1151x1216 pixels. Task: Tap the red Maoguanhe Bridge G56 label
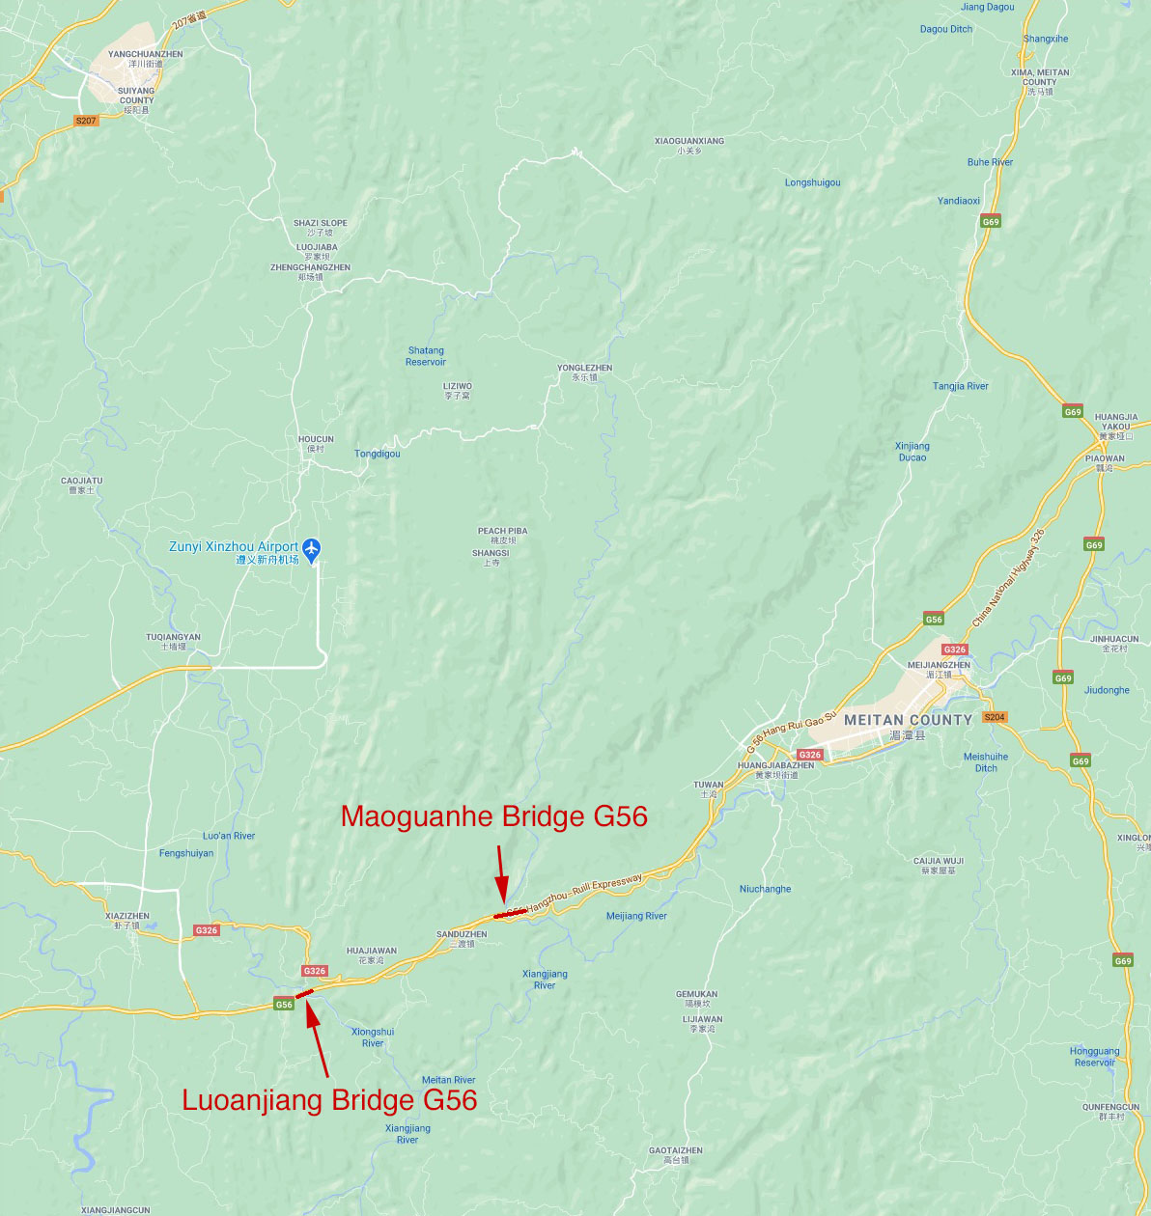click(x=493, y=816)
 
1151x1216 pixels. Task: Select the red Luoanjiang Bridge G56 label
click(x=329, y=1100)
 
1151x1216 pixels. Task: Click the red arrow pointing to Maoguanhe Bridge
click(x=500, y=873)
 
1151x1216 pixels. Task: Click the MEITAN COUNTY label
click(x=908, y=720)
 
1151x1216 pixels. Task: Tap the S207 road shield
click(x=86, y=121)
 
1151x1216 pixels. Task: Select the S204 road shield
click(x=995, y=717)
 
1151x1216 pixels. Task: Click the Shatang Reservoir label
click(x=426, y=356)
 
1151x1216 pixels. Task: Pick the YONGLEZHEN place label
click(x=584, y=368)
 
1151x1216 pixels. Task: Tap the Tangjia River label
click(x=961, y=386)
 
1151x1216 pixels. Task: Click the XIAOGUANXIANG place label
click(x=688, y=141)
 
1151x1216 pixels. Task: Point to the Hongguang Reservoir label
click(x=1094, y=1057)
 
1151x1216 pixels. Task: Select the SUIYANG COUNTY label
click(x=136, y=96)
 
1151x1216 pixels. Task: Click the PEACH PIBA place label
click(x=502, y=531)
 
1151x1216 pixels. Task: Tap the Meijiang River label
click(x=636, y=916)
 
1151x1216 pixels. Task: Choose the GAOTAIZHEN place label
click(x=676, y=1150)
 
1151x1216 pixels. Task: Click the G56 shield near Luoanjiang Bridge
click(x=284, y=1005)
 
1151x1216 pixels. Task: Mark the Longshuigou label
click(x=812, y=182)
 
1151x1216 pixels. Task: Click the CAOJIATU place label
click(x=81, y=481)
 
